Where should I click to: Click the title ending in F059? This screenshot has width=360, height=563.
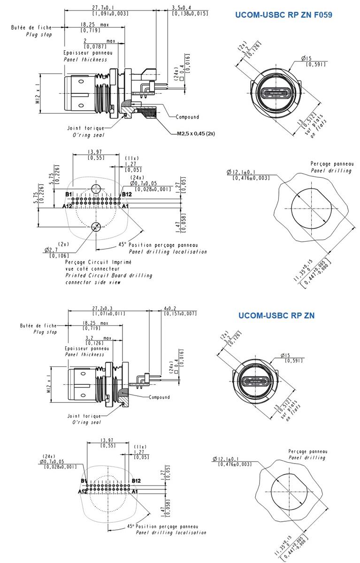tap(283, 15)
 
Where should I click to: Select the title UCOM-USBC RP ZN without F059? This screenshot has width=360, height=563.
tap(276, 316)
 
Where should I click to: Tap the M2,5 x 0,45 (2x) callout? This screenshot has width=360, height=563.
tap(196, 133)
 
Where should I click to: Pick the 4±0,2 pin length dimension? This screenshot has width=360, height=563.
tap(173, 308)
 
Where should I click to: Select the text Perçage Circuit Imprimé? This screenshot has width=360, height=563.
tap(98, 262)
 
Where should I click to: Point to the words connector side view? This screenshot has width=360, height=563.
tap(93, 282)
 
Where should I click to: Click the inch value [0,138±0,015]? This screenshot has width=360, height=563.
tap(190, 14)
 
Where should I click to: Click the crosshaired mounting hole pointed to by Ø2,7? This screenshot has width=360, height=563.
tap(96, 227)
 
